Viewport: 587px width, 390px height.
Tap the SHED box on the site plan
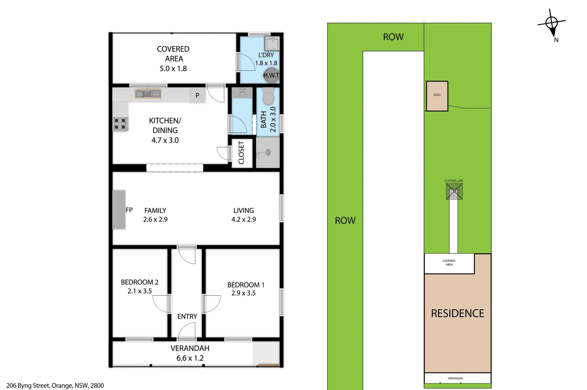437,96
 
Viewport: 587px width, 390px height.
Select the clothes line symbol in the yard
454,191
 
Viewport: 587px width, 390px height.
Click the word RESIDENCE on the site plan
457,313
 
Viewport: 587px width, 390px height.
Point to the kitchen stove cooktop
121,124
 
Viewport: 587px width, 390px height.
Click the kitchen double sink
148,94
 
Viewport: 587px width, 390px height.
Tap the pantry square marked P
197,96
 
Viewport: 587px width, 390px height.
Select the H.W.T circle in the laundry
271,75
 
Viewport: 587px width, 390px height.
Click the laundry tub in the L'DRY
271,44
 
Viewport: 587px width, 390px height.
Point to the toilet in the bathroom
268,96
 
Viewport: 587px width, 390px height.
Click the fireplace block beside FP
119,209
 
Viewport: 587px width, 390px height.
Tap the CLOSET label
241,153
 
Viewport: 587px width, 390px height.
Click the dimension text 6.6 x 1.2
190,358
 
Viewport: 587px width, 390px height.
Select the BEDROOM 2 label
139,282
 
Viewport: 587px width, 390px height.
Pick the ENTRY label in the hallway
187,317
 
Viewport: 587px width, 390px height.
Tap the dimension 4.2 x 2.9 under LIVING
244,220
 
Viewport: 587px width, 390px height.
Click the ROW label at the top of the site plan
393,37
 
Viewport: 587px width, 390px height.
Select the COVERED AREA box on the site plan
449,263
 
